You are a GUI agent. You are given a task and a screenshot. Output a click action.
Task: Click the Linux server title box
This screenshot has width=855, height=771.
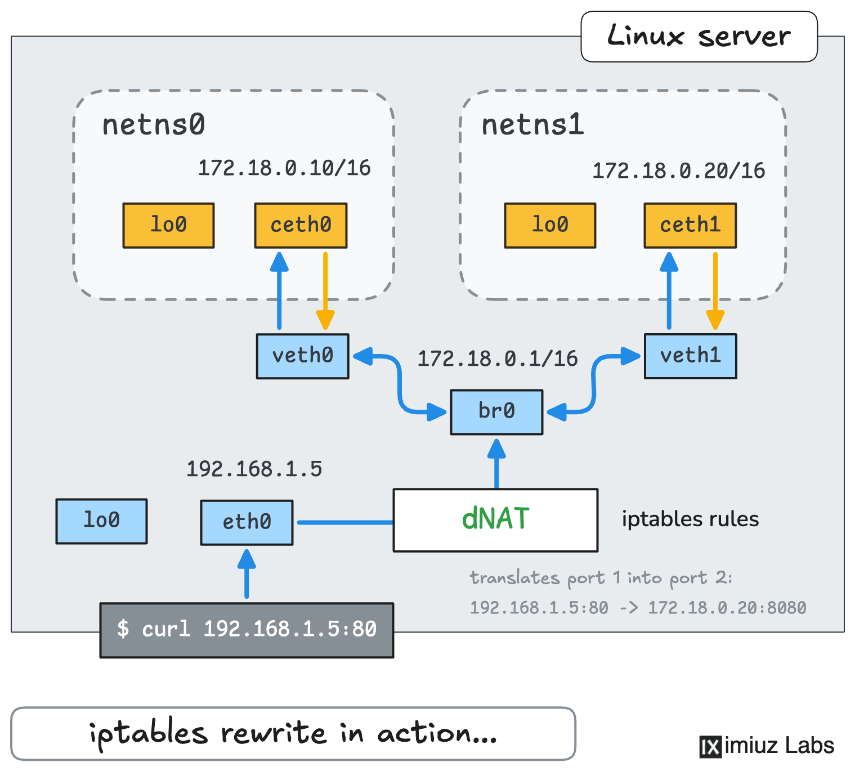[699, 37]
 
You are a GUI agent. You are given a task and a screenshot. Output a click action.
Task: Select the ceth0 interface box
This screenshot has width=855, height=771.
[301, 226]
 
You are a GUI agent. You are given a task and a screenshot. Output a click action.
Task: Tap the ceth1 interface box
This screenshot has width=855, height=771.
[691, 226]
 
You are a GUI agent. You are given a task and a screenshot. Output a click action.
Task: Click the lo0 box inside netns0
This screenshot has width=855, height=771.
[169, 226]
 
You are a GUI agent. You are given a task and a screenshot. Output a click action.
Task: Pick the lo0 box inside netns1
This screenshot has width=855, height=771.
[550, 226]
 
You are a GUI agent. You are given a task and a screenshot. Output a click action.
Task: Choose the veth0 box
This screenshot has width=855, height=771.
[303, 356]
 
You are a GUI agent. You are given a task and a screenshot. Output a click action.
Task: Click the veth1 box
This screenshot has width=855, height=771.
[691, 356]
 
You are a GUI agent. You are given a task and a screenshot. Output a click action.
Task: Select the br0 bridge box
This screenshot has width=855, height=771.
[497, 412]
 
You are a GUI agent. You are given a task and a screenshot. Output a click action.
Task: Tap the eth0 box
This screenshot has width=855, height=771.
[247, 522]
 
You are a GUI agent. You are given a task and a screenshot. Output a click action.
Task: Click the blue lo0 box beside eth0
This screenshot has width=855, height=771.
[101, 521]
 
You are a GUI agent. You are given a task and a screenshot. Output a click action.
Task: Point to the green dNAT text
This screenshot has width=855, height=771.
[495, 519]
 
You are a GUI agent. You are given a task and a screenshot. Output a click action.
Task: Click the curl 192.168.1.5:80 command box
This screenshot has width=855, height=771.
[247, 630]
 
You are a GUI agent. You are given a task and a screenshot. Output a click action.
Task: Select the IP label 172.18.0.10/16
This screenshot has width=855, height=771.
[284, 168]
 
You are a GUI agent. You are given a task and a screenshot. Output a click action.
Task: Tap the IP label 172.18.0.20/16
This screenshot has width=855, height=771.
[679, 171]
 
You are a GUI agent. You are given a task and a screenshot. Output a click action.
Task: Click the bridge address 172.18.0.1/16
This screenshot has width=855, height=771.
[498, 358]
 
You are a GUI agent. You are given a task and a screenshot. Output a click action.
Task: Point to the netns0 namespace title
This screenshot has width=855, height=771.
[154, 125]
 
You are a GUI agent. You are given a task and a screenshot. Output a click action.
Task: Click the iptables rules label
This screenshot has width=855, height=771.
[691, 519]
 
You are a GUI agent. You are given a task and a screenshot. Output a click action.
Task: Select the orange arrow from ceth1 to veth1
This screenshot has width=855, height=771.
[715, 291]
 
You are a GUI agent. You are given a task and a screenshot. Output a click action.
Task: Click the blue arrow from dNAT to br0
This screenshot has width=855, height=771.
[496, 464]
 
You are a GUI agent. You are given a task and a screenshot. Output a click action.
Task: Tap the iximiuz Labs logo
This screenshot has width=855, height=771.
[767, 746]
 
